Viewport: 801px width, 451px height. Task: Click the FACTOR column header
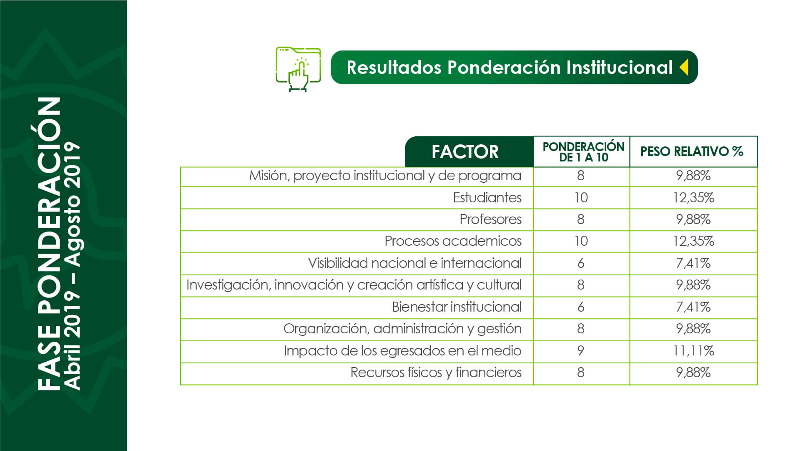[465, 152]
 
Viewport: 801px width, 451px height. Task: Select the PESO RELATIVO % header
[692, 151]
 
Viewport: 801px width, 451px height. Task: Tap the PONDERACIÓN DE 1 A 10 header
[583, 152]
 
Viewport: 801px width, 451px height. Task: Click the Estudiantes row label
[487, 197]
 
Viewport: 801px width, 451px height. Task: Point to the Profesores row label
[490, 219]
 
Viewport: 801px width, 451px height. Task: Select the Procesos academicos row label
[453, 241]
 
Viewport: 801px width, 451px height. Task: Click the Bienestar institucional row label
[457, 307]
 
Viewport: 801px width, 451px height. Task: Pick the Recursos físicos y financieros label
[436, 373]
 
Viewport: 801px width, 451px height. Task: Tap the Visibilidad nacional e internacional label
[414, 263]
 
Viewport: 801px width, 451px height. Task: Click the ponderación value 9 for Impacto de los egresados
[581, 351]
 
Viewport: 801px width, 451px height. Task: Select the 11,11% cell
[693, 351]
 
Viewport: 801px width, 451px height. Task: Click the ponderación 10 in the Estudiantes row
[581, 197]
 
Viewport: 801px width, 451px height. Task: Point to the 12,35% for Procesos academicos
[693, 241]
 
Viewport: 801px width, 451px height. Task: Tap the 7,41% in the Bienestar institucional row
[693, 307]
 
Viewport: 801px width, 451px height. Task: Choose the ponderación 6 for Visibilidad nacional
[581, 263]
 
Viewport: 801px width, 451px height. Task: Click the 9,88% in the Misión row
[693, 176]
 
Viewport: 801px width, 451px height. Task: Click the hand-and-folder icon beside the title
[298, 69]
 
